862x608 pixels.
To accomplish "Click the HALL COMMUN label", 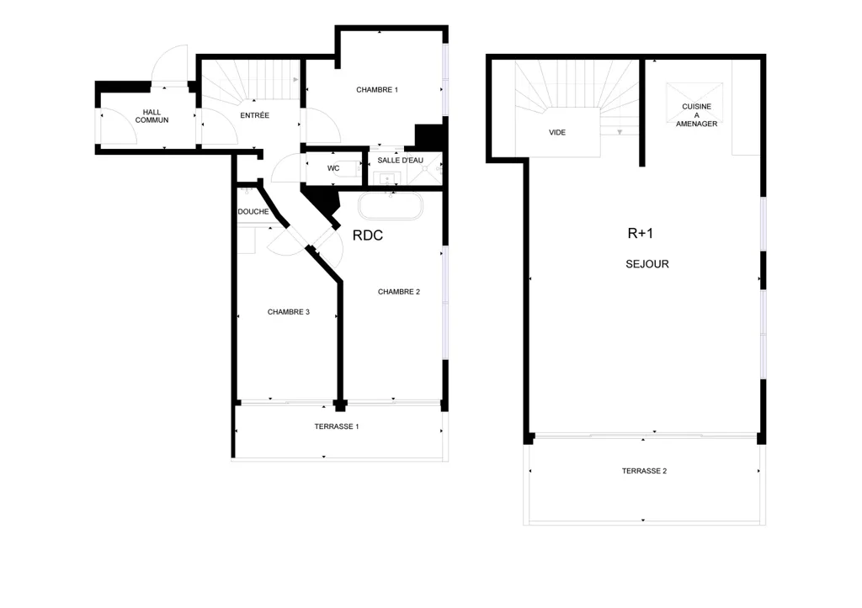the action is (152, 116).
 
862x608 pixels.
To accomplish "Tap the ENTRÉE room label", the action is (254, 115).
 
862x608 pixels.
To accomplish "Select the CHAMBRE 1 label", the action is (377, 89).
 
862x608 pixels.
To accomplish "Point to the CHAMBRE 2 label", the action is (398, 292).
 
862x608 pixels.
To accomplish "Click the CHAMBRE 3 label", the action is (289, 312).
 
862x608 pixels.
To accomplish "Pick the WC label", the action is (333, 169).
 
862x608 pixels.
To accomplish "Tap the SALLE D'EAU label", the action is (400, 161).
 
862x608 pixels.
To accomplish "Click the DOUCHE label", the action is (253, 211).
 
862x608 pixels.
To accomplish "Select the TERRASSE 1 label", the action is (337, 426).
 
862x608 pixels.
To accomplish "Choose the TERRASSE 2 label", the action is (644, 471).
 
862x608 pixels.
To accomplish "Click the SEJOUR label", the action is (647, 264).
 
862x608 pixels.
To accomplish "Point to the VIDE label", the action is (557, 132).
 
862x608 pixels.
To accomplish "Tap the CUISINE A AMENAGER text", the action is (696, 115).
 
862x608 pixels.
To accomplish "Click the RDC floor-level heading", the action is (368, 235).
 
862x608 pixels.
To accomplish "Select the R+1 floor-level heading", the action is (641, 234).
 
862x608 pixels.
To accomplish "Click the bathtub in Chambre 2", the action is (391, 207).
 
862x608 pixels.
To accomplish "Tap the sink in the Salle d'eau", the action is (387, 178).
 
